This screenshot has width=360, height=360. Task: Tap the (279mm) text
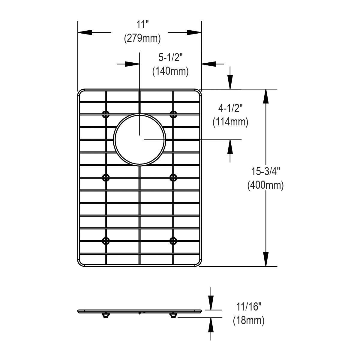click(x=142, y=38)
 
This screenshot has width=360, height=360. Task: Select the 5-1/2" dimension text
click(x=170, y=57)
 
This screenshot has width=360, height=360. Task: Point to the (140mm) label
click(x=170, y=71)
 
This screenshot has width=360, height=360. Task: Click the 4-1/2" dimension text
click(x=230, y=109)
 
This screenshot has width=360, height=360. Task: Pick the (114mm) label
click(x=230, y=122)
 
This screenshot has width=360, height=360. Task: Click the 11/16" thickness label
click(x=249, y=307)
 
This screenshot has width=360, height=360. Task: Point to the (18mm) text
click(x=249, y=321)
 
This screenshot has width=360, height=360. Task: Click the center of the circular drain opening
click(x=139, y=139)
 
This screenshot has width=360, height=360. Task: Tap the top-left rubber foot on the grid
click(x=106, y=114)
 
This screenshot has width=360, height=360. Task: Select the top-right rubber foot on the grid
click(x=173, y=114)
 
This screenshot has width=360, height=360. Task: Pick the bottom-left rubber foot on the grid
click(x=106, y=240)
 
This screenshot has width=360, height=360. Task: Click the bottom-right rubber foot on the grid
click(x=173, y=240)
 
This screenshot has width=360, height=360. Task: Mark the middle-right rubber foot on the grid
click(x=173, y=177)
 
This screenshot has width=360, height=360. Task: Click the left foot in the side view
click(x=105, y=316)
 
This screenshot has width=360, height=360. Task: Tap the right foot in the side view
click(x=173, y=316)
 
